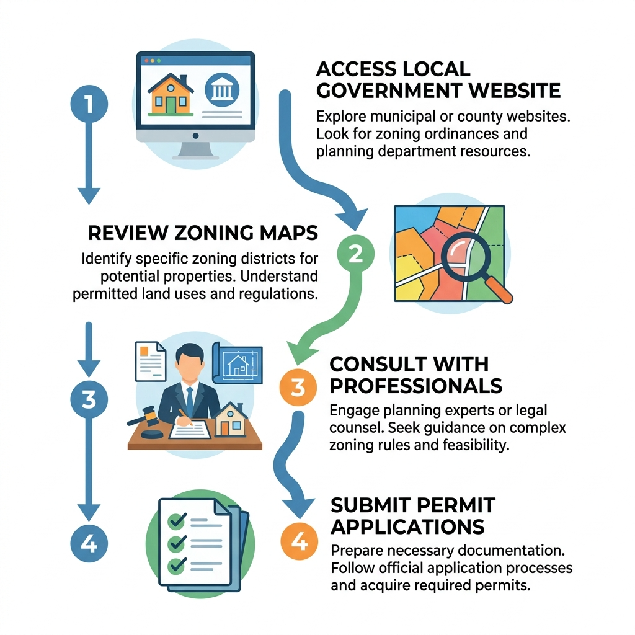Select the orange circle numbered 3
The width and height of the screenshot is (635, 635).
[x=298, y=387]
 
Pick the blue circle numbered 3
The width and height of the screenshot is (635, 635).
[x=89, y=399]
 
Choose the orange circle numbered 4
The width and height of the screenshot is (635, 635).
[x=299, y=541]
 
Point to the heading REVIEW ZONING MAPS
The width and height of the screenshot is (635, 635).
[x=202, y=233]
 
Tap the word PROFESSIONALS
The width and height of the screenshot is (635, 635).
[x=415, y=385]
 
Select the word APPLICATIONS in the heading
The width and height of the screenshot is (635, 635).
[x=407, y=526]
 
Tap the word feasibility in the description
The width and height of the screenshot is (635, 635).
[x=473, y=445]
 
